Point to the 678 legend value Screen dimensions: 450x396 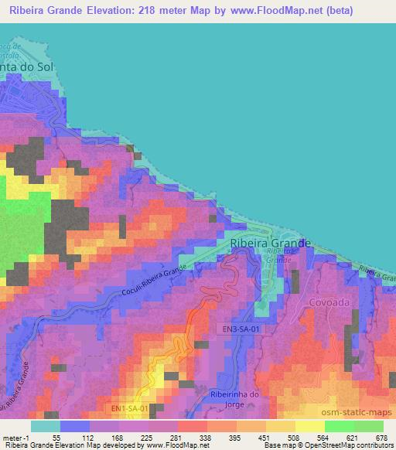click(x=383, y=437)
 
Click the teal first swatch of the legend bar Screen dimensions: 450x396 click(x=45, y=426)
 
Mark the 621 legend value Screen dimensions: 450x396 click(x=353, y=437)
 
